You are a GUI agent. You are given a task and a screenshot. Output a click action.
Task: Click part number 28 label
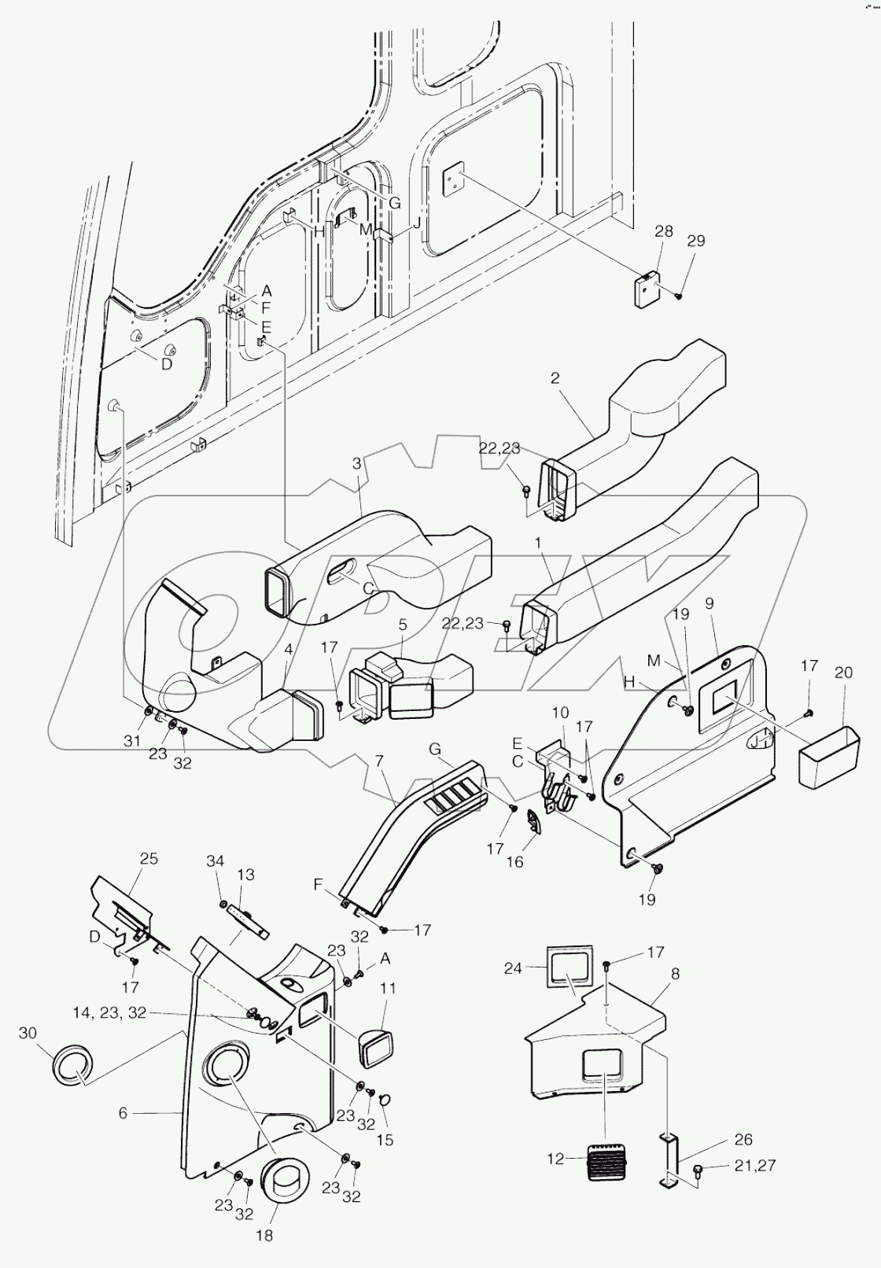tap(664, 231)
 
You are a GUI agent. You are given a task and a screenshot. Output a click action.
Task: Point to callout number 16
tap(514, 862)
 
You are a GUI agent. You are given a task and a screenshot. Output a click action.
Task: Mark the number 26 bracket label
tap(743, 1139)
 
